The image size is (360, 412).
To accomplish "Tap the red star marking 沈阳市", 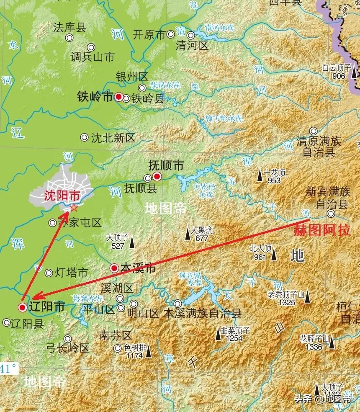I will tap(74, 207).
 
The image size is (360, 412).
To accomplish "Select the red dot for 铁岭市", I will tap(119, 97).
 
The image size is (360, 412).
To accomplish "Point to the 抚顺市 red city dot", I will tap(157, 176).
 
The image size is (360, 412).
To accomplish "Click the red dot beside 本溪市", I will tap(114, 268).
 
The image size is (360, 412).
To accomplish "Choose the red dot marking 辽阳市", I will tap(23, 308).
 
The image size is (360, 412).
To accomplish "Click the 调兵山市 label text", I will tap(92, 57).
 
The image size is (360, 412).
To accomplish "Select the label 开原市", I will tap(149, 35).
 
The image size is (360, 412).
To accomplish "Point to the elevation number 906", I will tap(338, 76).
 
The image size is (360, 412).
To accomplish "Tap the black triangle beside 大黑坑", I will tap(188, 234).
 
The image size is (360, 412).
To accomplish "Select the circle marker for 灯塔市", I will tap(49, 273).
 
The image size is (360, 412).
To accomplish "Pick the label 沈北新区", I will tap(113, 138).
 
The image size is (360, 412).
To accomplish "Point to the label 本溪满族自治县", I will tap(202, 313).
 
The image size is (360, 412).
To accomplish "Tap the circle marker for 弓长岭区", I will tap(67, 338).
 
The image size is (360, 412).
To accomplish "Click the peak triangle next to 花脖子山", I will tap(332, 343).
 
